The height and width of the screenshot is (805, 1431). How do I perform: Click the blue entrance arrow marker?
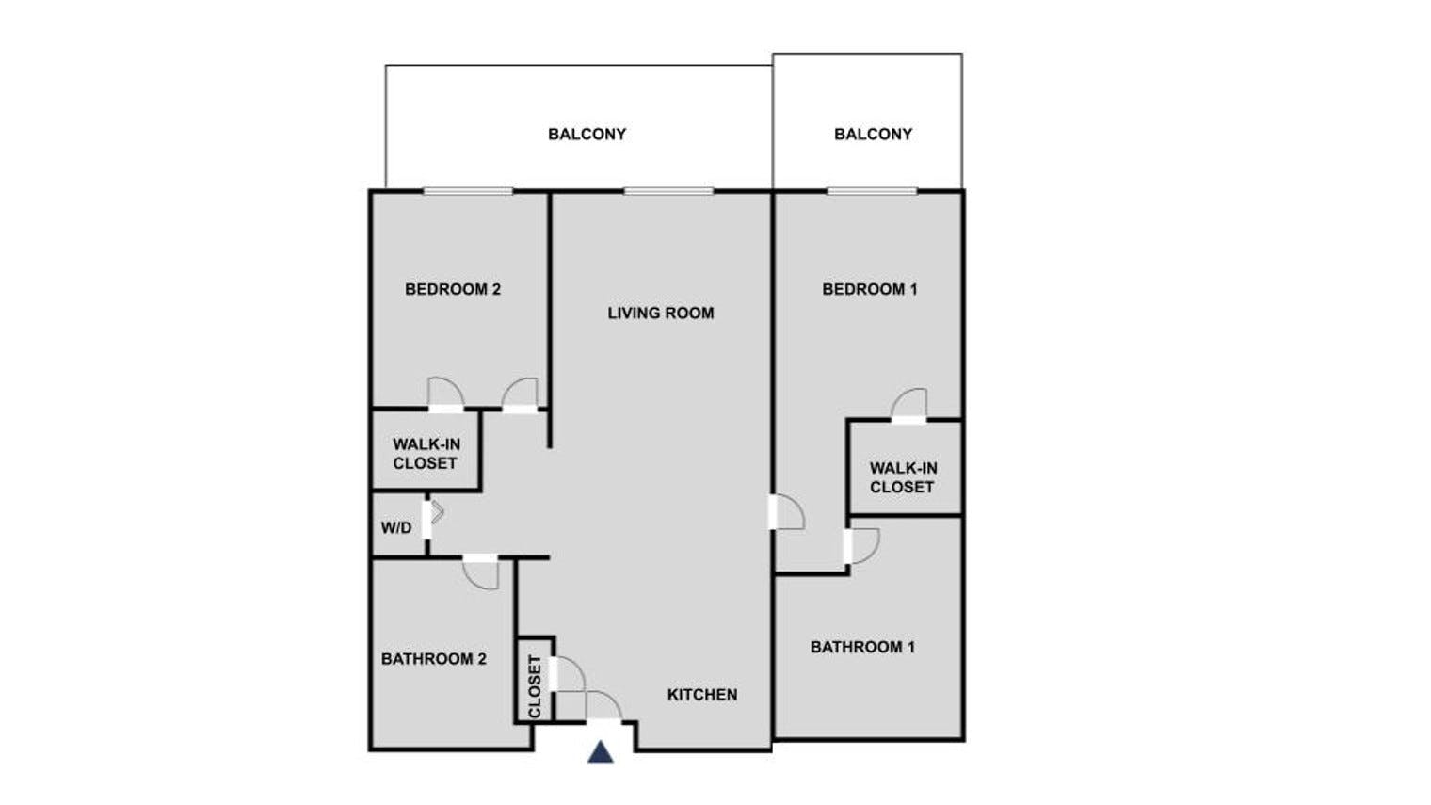(x=601, y=752)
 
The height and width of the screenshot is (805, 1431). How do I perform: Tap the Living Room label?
(x=661, y=313)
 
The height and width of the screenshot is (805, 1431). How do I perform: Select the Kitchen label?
(x=702, y=695)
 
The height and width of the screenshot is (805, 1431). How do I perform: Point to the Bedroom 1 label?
(x=870, y=289)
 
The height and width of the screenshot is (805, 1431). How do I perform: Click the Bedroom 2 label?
(x=452, y=289)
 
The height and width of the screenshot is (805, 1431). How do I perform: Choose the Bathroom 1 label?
(x=862, y=647)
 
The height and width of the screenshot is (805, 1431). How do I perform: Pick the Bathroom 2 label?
(x=434, y=659)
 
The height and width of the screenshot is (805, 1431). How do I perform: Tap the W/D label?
(x=396, y=527)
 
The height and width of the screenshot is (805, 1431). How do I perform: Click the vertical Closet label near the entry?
(x=535, y=686)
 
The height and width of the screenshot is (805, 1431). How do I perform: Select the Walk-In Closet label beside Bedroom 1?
(x=903, y=478)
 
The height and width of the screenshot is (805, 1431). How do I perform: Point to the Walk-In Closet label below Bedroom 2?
(x=426, y=454)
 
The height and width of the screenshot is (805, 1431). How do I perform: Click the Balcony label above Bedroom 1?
(x=874, y=134)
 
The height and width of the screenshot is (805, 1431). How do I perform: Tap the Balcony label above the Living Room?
(x=587, y=134)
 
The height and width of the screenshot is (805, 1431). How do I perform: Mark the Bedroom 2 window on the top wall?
(x=468, y=191)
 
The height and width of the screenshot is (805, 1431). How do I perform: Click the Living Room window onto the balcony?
(x=668, y=191)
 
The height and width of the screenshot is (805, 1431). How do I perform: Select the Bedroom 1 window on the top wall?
(x=872, y=191)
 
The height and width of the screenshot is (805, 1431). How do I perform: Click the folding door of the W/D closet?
(x=433, y=513)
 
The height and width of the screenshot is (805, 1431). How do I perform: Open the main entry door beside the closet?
(x=603, y=706)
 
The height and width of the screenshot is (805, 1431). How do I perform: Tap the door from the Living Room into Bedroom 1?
(x=786, y=512)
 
